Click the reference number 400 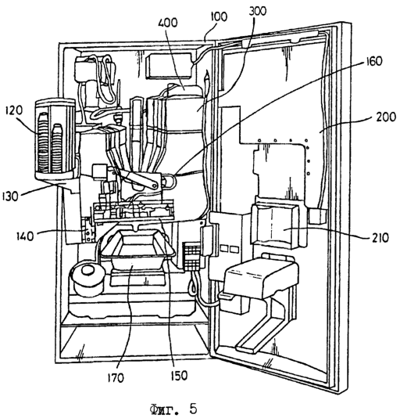[167, 23]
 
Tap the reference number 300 [257, 12]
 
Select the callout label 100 [219, 16]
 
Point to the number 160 [373, 61]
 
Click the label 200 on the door [386, 117]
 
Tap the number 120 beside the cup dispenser [14, 110]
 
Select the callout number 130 [10, 196]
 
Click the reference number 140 [25, 236]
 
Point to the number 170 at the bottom [116, 377]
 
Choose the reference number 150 [179, 376]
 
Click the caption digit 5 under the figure [193, 408]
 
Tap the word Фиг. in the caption [164, 409]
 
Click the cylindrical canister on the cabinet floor [87, 277]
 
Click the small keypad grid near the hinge [191, 256]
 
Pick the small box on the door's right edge [317, 216]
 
